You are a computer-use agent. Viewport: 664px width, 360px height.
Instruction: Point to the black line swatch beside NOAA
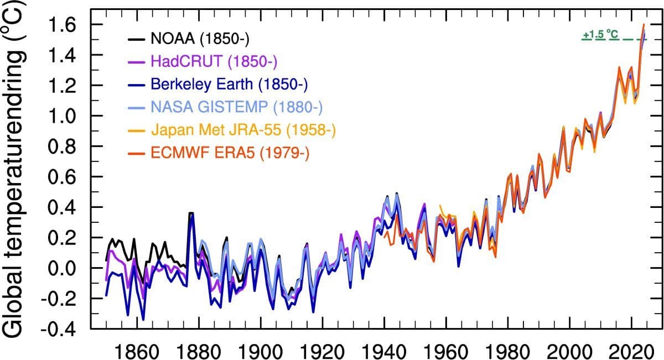(x=136, y=39)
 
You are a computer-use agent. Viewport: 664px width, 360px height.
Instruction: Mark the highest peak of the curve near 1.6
(x=644, y=25)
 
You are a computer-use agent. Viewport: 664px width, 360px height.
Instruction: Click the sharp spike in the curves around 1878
(x=191, y=214)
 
